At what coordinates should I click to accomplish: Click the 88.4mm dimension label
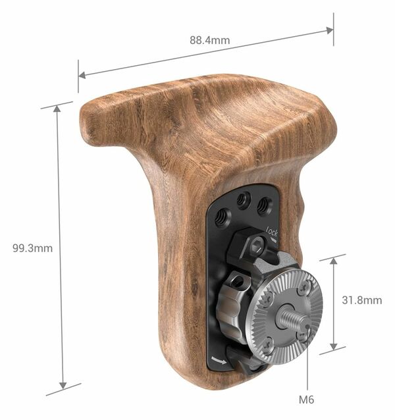[210, 40]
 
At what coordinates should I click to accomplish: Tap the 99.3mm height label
[32, 248]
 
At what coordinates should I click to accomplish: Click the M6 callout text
[307, 400]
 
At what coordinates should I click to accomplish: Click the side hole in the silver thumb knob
[239, 284]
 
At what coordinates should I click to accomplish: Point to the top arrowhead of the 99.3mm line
[57, 107]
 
